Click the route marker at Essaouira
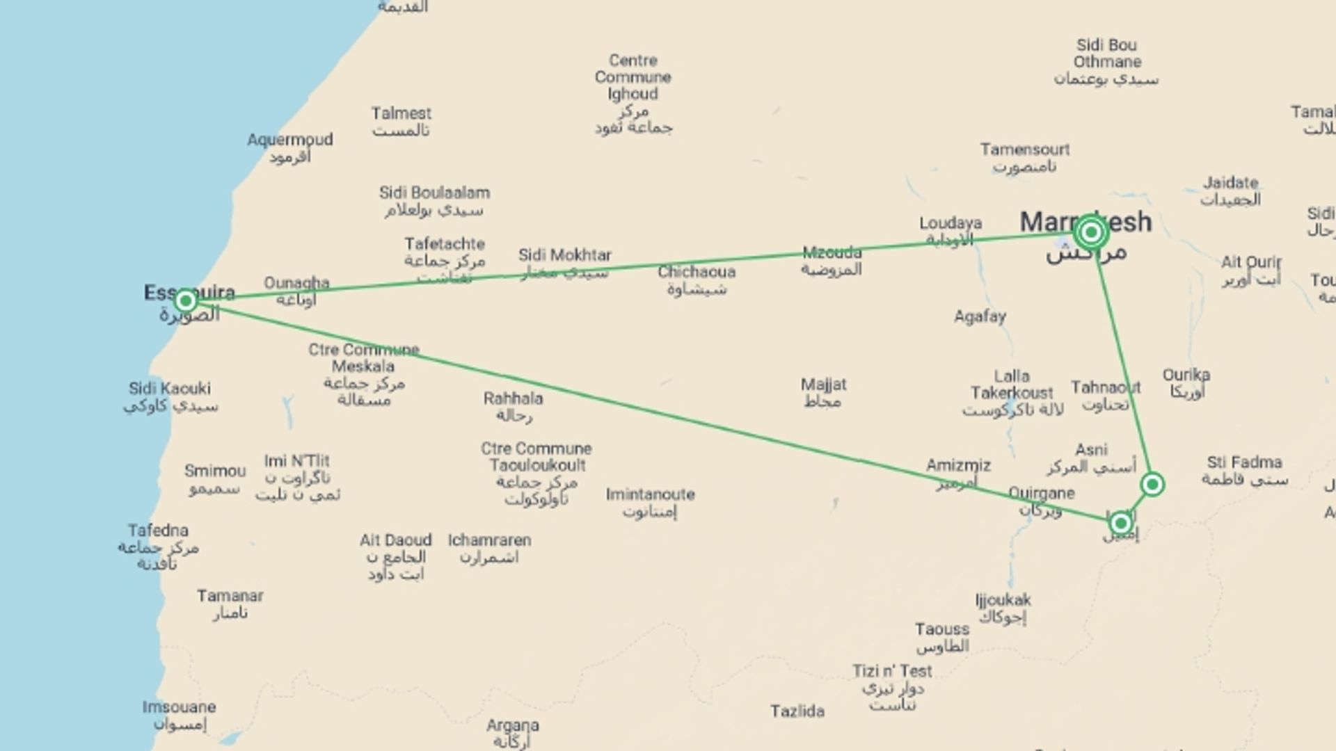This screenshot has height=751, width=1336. pyautogui.click(x=185, y=300)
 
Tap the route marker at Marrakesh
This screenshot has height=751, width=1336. pyautogui.click(x=1091, y=232)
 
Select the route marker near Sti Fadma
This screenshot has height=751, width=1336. pyautogui.click(x=1152, y=484)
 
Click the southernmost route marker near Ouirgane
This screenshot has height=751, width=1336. pyautogui.click(x=1120, y=523)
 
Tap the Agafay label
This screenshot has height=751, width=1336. pyautogui.click(x=980, y=316)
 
